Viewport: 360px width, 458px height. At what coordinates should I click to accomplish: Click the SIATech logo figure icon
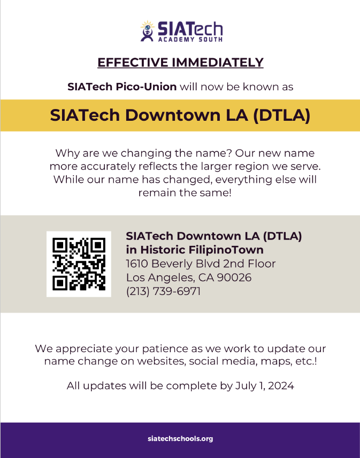[148, 31]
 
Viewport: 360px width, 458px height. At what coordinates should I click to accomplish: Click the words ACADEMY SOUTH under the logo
[190, 39]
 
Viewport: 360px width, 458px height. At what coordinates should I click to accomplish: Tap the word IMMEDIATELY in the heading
[218, 63]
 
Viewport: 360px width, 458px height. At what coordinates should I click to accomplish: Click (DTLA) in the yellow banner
[281, 115]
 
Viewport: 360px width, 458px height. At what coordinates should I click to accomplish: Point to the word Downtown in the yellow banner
[173, 115]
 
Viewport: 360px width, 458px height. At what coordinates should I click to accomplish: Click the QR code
[79, 264]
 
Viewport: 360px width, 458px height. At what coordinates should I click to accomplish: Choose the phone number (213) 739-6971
[163, 291]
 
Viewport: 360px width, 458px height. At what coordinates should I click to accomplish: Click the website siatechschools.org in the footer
[180, 439]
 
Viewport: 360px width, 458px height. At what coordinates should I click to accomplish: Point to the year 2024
[281, 386]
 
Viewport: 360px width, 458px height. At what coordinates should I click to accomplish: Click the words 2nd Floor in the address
[249, 263]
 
